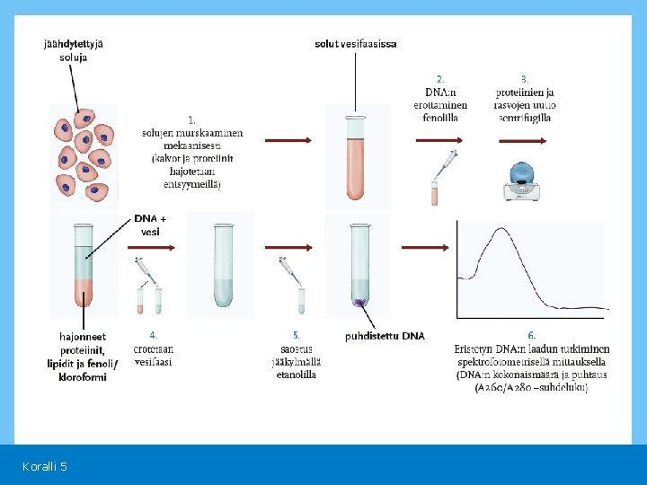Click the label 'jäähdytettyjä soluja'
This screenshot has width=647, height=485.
point(73,49)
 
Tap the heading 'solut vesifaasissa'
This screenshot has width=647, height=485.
point(356,43)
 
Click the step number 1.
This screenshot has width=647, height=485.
point(191,119)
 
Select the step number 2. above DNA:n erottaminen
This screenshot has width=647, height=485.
point(440,79)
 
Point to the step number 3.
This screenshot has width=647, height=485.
point(525,79)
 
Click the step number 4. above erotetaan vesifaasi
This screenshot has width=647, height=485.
point(154,335)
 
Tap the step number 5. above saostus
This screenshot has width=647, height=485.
point(296,335)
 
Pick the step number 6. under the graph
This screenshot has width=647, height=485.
point(532,335)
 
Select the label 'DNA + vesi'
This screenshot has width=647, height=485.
point(150,225)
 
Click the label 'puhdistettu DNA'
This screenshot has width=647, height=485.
point(385,337)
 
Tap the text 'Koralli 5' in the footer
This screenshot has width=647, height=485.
point(45,466)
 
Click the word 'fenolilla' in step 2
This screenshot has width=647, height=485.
point(440,118)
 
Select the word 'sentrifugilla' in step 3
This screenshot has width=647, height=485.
point(525,118)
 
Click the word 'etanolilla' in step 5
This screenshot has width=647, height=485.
point(296,375)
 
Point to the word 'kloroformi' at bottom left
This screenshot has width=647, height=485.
point(84,377)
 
